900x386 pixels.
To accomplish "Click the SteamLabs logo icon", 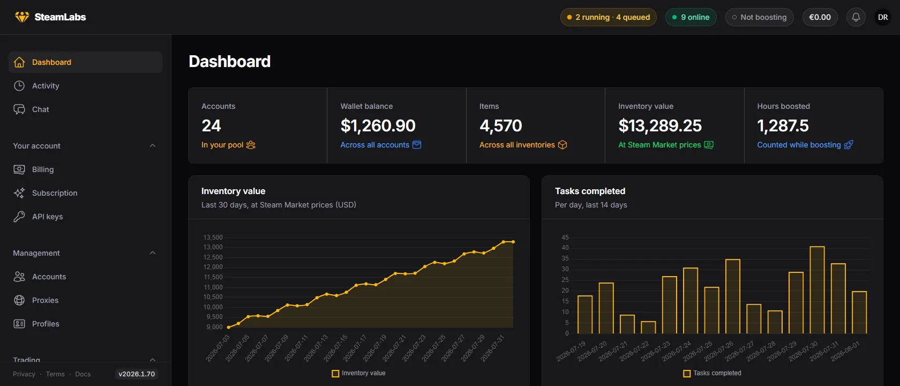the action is coord(22,17).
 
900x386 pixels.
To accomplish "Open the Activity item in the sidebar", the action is coord(46,86).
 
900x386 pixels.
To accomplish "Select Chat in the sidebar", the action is coord(40,109).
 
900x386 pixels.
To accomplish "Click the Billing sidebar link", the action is coord(43,169).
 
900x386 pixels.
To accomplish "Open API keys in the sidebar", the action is coord(47,217).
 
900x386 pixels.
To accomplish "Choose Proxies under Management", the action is coord(45,300).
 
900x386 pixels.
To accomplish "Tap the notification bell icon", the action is coord(856,17).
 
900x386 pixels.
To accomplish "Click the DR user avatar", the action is coord(883,17).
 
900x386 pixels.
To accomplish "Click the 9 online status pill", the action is coord(691,17).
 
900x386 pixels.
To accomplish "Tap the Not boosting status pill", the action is coord(760,17).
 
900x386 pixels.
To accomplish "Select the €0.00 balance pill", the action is coord(820,17).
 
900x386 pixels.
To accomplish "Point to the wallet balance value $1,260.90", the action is coord(378,126).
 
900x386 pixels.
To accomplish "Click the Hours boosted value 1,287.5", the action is coord(783,126).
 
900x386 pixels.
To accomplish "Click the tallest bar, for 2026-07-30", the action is coord(817,290).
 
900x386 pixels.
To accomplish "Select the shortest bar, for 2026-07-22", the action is coord(648,327).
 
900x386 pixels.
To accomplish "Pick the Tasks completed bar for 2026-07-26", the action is coord(733,296).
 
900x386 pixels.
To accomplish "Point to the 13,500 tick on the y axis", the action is coord(213,237).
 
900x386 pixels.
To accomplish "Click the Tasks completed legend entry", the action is coord(712,373).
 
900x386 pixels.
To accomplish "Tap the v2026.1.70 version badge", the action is coord(137,374).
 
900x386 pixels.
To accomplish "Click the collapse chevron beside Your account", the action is coord(153,146).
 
